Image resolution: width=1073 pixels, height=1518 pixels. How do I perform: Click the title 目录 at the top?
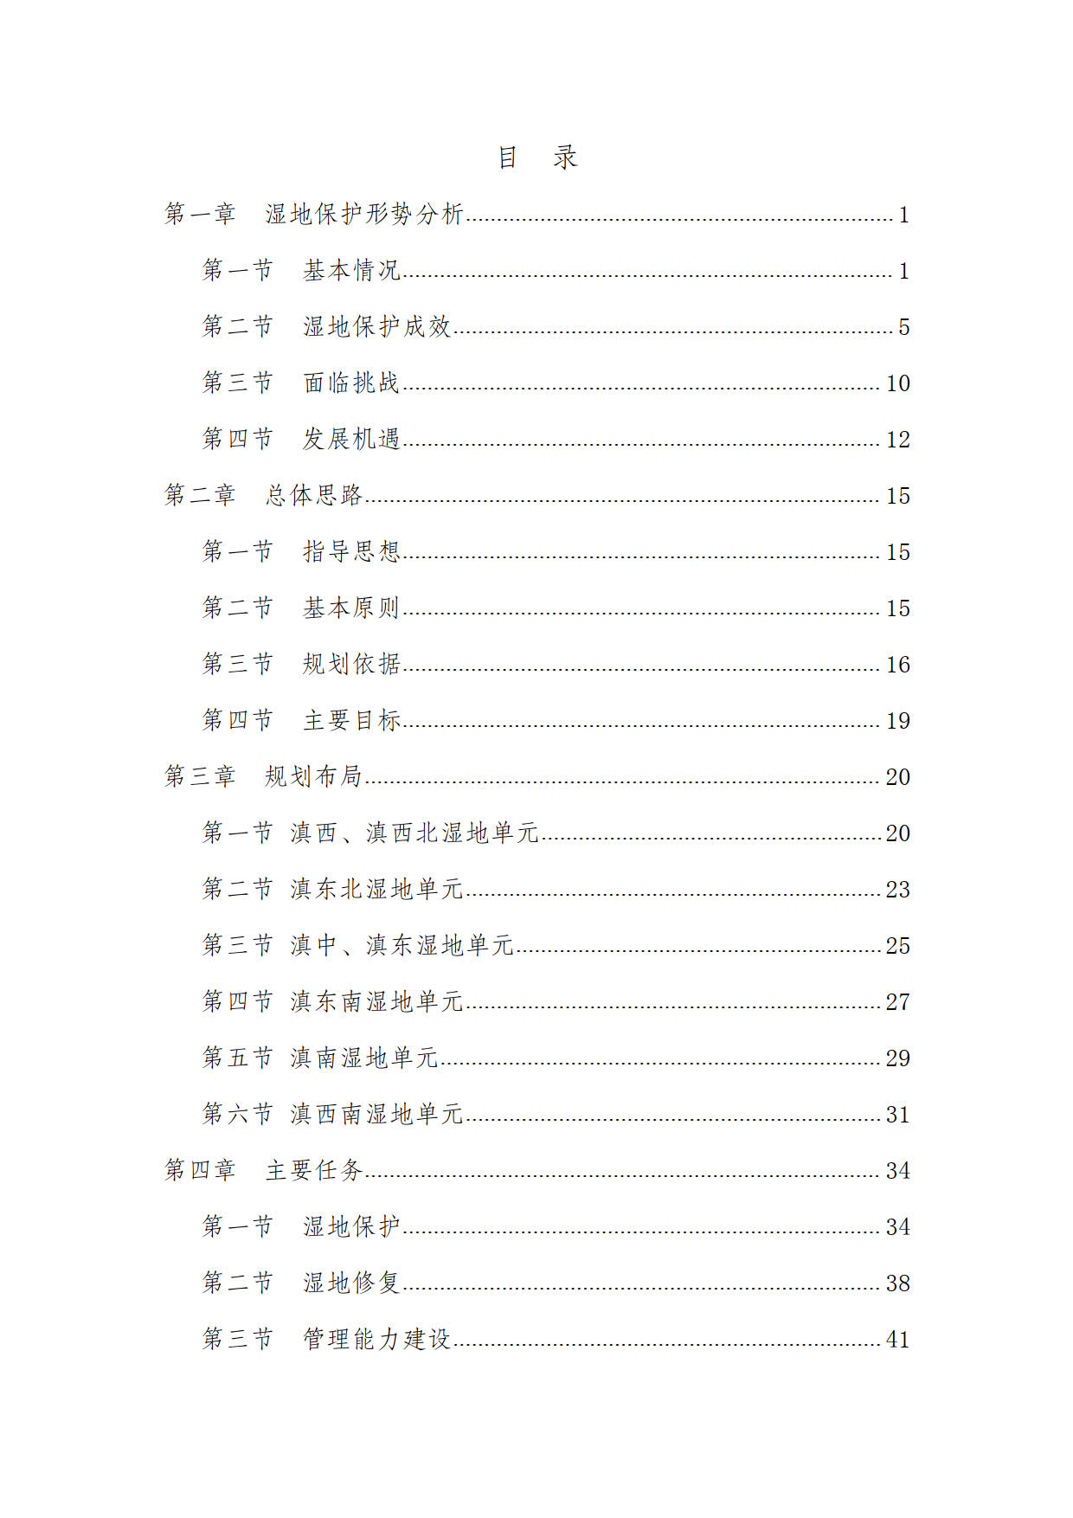click(536, 158)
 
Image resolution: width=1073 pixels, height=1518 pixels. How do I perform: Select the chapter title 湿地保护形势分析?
click(364, 214)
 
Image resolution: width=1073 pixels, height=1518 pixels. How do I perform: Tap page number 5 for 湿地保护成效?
click(903, 327)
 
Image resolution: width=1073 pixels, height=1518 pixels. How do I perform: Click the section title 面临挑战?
click(351, 383)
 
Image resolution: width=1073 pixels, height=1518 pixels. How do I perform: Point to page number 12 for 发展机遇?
click(897, 440)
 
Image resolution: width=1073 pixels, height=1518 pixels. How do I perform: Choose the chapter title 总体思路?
click(313, 495)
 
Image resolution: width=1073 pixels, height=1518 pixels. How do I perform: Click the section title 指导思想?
click(351, 551)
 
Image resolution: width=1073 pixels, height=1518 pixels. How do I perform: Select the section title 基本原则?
click(351, 608)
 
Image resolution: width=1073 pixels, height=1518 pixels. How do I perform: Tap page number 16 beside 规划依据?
click(897, 665)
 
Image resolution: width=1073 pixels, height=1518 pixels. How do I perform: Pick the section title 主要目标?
click(351, 720)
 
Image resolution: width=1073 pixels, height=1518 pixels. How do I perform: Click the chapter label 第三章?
click(200, 776)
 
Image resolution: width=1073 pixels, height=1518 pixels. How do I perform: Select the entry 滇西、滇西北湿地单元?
click(414, 833)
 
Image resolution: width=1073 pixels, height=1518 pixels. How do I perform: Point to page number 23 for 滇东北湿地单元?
click(897, 890)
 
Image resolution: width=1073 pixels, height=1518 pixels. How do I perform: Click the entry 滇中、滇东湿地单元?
click(402, 945)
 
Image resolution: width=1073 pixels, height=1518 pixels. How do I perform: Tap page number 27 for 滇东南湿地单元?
click(897, 1002)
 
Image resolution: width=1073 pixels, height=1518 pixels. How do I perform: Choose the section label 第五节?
click(237, 1058)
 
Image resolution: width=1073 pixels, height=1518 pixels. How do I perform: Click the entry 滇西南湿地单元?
click(376, 1114)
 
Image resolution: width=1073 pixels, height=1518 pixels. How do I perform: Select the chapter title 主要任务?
click(313, 1170)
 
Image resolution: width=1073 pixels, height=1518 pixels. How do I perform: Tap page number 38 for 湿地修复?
click(897, 1283)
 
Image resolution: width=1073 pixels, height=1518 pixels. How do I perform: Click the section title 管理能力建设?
click(376, 1339)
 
